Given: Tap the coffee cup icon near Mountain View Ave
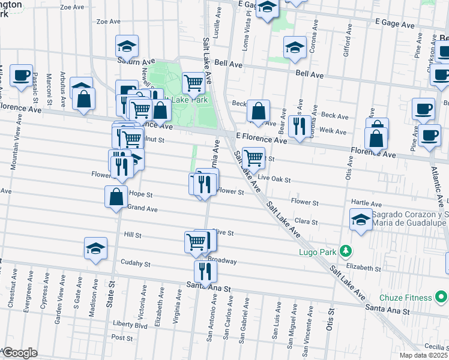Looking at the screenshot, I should coord(22,76).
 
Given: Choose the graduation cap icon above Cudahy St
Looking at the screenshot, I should coord(95,248).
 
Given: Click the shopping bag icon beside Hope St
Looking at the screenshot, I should coord(116,196).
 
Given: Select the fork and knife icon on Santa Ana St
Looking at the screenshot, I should coord(205,271).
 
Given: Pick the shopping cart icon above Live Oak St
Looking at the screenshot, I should coord(254,158).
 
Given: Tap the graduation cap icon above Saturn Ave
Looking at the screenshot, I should coord(127,47).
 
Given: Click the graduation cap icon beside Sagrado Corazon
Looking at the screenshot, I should coord(360,220).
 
